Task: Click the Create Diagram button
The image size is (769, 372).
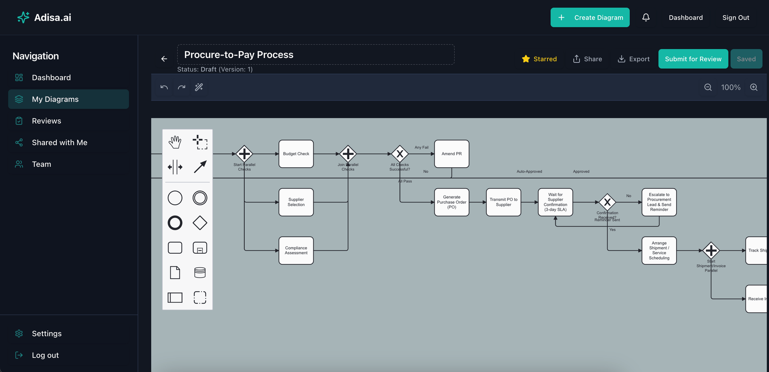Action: tap(590, 18)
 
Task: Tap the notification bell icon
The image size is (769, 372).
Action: tap(646, 18)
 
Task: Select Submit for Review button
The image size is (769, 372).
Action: tap(693, 59)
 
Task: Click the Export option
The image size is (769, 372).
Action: tap(634, 59)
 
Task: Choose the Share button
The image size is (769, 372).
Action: tap(588, 59)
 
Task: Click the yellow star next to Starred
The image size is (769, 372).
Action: tap(526, 59)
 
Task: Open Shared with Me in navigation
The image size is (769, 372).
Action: tap(59, 142)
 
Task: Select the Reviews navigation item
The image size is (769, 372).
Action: tap(46, 121)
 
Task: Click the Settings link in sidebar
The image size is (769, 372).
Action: tap(46, 334)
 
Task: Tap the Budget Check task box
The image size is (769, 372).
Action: tap(296, 154)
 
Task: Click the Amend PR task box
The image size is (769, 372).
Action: tap(451, 154)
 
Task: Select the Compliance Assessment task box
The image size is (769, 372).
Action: tap(296, 250)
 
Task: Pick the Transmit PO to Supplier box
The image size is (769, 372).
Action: tap(503, 202)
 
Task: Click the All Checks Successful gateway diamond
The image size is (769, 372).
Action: tap(400, 154)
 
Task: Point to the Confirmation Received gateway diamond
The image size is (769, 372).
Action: tap(607, 202)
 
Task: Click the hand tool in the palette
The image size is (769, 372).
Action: tap(175, 142)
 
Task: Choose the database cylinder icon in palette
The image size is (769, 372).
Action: tap(200, 273)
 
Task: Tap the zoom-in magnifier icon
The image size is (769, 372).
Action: tap(754, 87)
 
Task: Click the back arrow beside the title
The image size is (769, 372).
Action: tap(164, 59)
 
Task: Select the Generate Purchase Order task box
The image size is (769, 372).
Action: tap(451, 202)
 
